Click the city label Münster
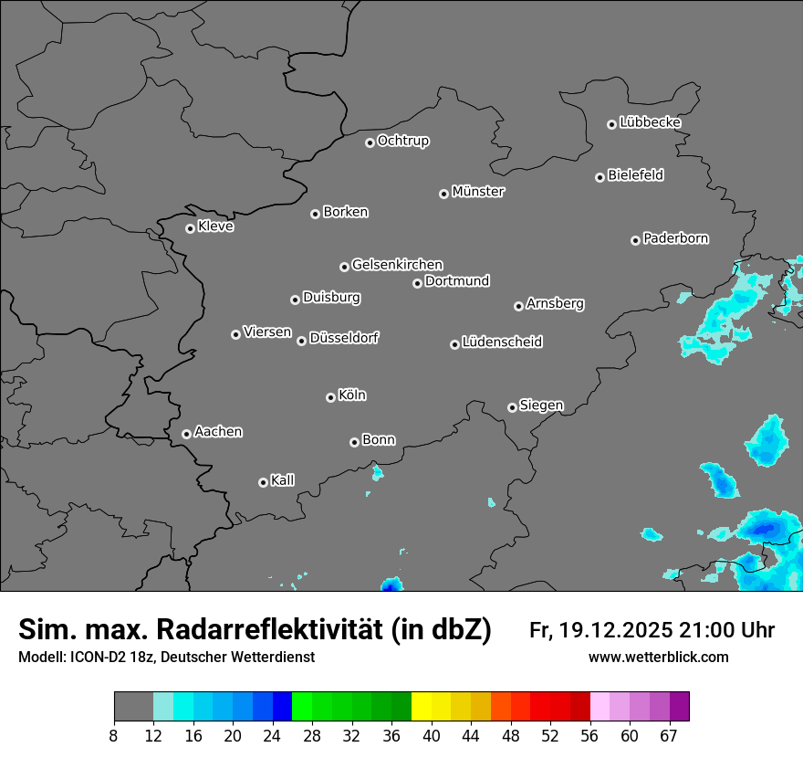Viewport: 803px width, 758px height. pos(478,192)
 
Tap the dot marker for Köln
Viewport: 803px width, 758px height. pos(330,397)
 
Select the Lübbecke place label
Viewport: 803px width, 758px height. pos(650,122)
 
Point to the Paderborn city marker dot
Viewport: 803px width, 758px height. pos(635,240)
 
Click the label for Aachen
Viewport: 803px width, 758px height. pos(218,432)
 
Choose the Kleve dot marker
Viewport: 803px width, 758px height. pos(190,228)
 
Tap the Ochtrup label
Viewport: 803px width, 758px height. pos(403,141)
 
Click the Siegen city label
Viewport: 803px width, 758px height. pos(541,405)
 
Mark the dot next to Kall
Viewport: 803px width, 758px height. pos(263,482)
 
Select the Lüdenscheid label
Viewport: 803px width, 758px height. pos(502,342)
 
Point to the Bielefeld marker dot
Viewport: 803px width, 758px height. pos(600,177)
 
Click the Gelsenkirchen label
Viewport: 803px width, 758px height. pos(397,265)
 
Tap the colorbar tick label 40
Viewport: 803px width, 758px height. pos(431,736)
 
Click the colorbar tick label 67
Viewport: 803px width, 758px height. pos(669,736)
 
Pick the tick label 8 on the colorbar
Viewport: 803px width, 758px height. pos(113,736)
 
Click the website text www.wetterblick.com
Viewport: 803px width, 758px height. pos(658,658)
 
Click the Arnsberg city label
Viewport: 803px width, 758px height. pos(555,303)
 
